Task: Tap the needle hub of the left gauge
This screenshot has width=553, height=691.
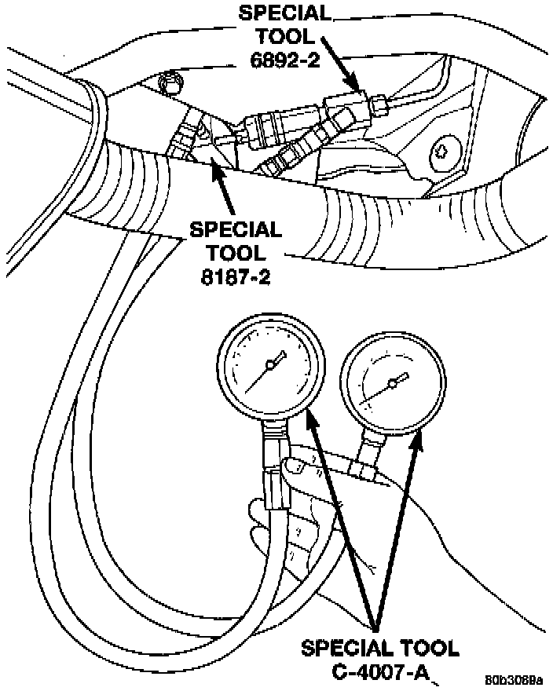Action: [272, 363]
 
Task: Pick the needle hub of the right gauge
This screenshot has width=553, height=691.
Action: [392, 385]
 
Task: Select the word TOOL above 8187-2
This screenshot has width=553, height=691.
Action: [235, 254]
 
